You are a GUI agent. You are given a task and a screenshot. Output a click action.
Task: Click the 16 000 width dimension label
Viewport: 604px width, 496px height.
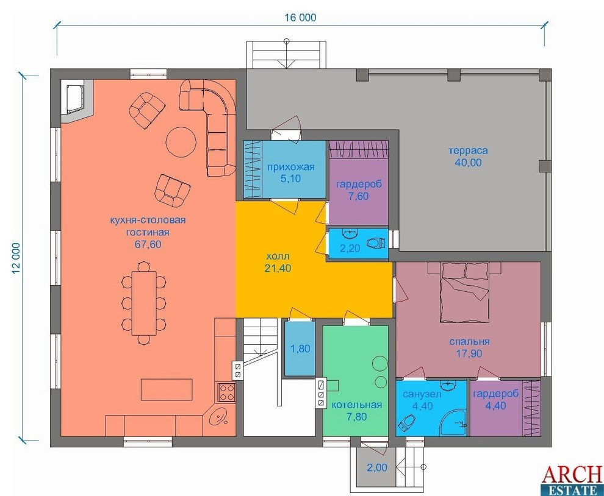[x=300, y=18]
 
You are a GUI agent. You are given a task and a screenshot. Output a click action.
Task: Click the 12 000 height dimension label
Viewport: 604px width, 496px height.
[x=16, y=258]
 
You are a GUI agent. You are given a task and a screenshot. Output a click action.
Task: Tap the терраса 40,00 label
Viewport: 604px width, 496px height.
[x=468, y=156]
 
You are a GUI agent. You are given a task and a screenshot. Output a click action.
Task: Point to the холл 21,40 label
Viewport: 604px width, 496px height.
[x=278, y=263]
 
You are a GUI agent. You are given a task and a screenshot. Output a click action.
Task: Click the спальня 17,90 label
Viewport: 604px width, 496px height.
[x=469, y=347]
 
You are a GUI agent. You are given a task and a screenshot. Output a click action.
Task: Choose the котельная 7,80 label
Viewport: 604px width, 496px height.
[x=357, y=411]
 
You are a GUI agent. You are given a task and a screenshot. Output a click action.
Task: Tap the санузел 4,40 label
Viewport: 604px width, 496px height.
[x=422, y=400]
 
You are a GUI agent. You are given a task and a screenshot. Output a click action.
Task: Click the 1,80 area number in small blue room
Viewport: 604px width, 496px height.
[x=300, y=349]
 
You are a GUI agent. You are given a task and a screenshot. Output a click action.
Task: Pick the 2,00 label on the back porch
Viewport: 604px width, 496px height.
[x=376, y=468]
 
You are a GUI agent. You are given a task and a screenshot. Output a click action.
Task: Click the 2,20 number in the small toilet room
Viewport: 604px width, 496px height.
[x=350, y=249]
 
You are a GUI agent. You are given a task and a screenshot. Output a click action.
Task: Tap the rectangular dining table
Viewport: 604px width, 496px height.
[x=144, y=303]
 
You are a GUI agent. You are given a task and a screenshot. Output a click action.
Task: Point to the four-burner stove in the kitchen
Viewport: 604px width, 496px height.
[x=226, y=392]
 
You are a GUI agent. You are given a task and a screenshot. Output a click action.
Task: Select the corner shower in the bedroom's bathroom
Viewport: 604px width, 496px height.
[x=454, y=422]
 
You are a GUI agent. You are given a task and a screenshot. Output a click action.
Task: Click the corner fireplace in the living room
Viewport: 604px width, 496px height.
[x=77, y=101]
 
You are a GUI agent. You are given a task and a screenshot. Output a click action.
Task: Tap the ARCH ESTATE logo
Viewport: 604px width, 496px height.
[x=572, y=480]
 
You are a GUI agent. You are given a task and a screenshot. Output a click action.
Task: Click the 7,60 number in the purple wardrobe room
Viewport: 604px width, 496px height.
[x=358, y=196]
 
